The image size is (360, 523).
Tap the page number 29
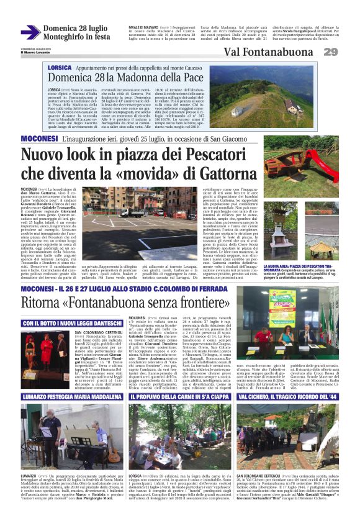(330, 52)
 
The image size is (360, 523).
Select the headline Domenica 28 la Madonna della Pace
(127, 78)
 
